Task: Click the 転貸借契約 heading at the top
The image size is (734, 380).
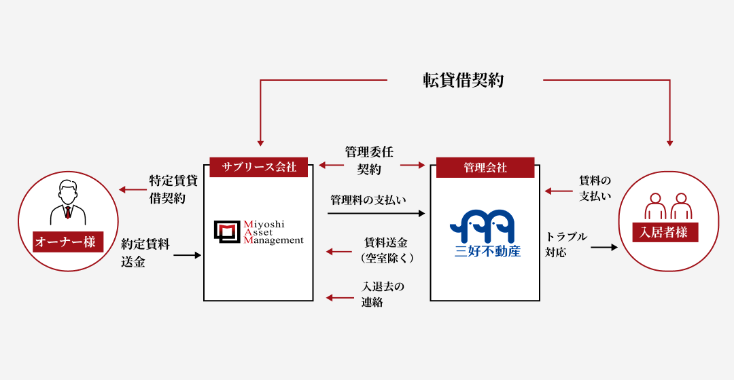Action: (463, 80)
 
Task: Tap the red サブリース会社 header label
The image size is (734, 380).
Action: (258, 167)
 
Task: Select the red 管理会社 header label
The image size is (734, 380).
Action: (485, 168)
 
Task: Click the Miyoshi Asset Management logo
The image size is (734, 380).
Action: (258, 232)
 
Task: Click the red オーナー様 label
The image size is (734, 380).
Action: (68, 242)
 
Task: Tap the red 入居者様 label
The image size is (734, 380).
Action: (665, 232)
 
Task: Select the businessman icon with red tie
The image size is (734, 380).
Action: (69, 202)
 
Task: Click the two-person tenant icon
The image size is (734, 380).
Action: (668, 206)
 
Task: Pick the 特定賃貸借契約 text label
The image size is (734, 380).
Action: (173, 189)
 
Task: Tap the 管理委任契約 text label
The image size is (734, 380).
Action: (369, 160)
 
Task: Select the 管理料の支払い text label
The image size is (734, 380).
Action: (368, 200)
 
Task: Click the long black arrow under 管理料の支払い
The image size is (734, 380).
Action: (376, 214)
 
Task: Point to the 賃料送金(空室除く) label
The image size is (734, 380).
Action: (387, 250)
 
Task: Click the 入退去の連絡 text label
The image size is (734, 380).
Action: (383, 294)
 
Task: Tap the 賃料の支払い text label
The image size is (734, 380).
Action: (595, 189)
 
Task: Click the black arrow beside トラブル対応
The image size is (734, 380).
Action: (604, 246)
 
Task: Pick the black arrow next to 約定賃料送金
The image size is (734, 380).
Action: (188, 255)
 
